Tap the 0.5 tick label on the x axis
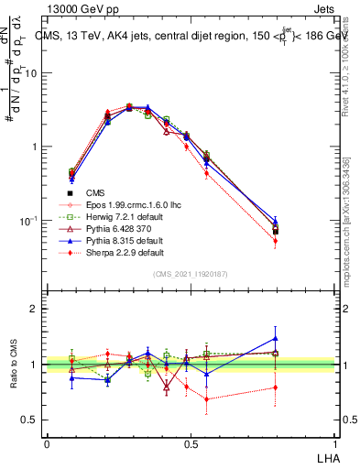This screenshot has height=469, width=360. pyautogui.click(x=191, y=442)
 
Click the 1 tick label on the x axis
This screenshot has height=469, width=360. pyautogui.click(x=335, y=442)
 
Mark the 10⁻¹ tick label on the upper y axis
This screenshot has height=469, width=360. pyautogui.click(x=28, y=221)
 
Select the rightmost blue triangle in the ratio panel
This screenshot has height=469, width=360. pyautogui.click(x=275, y=338)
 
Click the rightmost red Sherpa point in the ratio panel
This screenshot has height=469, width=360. pyautogui.click(x=275, y=387)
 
